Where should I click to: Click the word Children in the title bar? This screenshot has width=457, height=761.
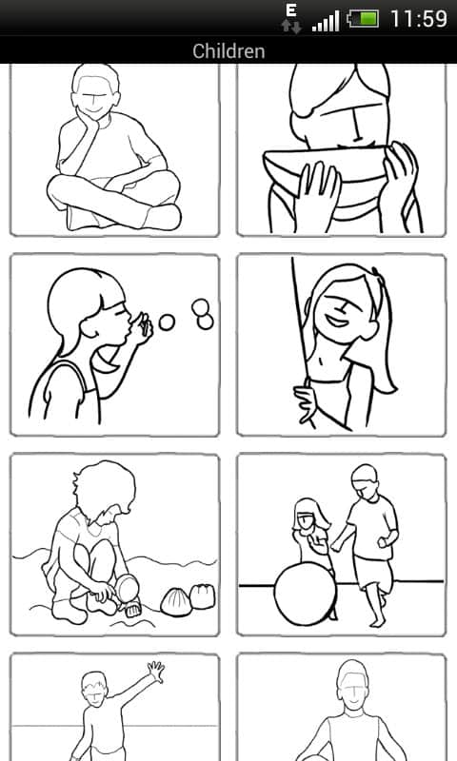tap(228, 51)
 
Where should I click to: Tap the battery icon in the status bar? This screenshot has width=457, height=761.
tap(363, 19)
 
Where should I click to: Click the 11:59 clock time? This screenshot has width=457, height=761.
tap(419, 19)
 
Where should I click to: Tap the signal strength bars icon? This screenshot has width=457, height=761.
tap(326, 22)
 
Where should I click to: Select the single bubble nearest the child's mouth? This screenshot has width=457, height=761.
tap(167, 322)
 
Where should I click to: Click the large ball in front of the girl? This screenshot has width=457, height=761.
tap(305, 594)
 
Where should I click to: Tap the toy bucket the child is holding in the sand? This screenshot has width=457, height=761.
tap(128, 590)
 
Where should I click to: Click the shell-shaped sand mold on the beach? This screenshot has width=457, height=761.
tap(175, 602)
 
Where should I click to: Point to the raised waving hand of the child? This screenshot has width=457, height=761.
tap(156, 672)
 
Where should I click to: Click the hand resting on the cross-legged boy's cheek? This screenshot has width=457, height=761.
tap(88, 121)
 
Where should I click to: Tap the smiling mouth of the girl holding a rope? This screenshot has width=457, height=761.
tap(336, 321)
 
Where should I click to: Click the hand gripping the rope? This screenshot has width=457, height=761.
tap(306, 401)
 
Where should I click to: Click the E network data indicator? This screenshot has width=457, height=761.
tap(291, 10)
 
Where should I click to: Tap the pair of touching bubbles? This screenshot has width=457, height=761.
tap(202, 314)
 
